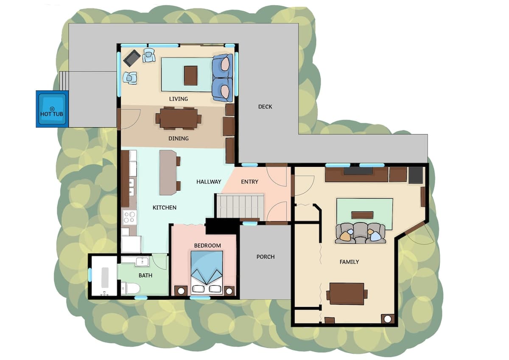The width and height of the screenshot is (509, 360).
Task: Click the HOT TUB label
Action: coord(52,114)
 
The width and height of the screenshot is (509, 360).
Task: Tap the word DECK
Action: coord(265,107)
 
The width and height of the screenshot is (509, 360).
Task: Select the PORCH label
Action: coord(266,257)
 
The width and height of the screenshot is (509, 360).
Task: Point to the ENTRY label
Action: coord(249,182)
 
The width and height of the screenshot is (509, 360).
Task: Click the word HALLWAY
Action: coord(209,182)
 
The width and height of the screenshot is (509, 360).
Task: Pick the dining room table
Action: coord(179,118)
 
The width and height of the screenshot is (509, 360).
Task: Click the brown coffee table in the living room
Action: coord(190,76)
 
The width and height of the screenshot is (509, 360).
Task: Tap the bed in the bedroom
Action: coord(207,273)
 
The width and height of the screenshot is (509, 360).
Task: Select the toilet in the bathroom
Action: coord(131,288)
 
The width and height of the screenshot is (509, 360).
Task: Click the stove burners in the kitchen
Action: coord(129,217)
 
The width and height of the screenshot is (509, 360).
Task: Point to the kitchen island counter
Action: coord(168,173)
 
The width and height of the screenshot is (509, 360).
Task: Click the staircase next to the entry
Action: coord(240,206)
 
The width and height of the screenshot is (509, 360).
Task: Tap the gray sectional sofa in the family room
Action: coord(360,233)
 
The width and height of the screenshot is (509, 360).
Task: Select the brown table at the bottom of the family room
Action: coord(347,294)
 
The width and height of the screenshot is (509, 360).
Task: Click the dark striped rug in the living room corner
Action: coord(132,58)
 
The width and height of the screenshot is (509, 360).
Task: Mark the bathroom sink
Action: coord(142,262)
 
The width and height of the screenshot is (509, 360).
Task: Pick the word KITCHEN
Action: coord(164,208)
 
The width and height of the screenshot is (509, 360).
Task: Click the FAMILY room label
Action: coord(349,262)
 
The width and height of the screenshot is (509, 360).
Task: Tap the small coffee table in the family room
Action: coord(362,215)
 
